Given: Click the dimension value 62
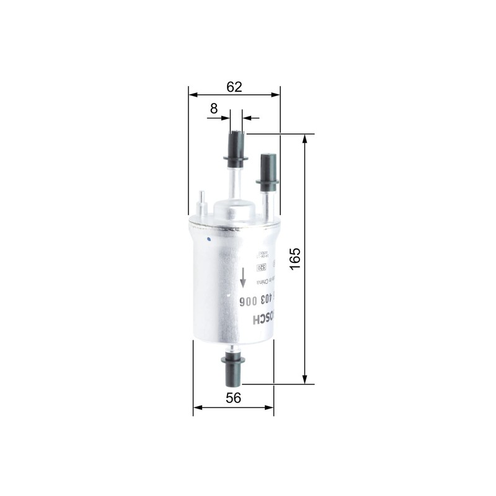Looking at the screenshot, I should tap(234, 87).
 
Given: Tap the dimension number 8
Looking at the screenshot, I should tap(214, 108).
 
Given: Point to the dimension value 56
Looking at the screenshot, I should tap(233, 399).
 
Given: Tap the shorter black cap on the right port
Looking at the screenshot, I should tap(268, 169).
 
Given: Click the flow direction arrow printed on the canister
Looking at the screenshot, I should tap(244, 277).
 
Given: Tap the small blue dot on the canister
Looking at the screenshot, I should tap(209, 237).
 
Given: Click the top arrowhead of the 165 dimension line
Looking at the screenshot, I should tap(304, 138).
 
